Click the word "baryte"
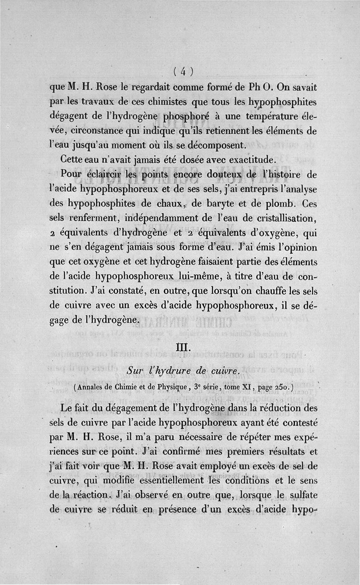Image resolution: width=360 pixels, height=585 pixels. [216, 204]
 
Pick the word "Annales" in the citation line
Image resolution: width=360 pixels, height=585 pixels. [91, 386]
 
